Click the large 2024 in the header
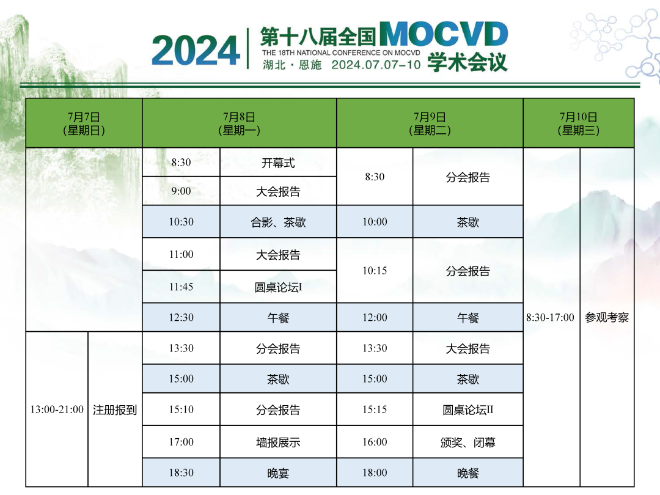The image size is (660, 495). (x=196, y=50)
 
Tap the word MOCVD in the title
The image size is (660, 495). (x=444, y=34)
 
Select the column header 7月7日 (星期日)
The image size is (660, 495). (x=84, y=123)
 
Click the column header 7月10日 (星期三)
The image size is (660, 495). (x=578, y=123)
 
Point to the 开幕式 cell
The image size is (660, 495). (x=278, y=163)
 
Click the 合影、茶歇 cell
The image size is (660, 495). (x=278, y=222)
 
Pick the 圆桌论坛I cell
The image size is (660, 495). (x=278, y=287)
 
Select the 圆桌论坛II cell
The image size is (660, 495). (x=468, y=409)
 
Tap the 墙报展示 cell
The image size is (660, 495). (x=278, y=442)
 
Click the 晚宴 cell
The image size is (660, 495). (x=278, y=473)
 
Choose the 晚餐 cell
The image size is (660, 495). (x=468, y=473)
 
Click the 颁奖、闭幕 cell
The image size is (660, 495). (x=468, y=442)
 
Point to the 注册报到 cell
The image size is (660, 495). (x=115, y=409)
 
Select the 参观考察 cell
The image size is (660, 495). (x=607, y=317)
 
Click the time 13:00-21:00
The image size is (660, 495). (x=57, y=409)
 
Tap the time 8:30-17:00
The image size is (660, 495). (x=550, y=317)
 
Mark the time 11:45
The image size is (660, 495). (x=181, y=287)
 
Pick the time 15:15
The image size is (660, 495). (x=375, y=409)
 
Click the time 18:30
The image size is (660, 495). (x=181, y=472)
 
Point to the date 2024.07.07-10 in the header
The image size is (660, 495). (x=376, y=65)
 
